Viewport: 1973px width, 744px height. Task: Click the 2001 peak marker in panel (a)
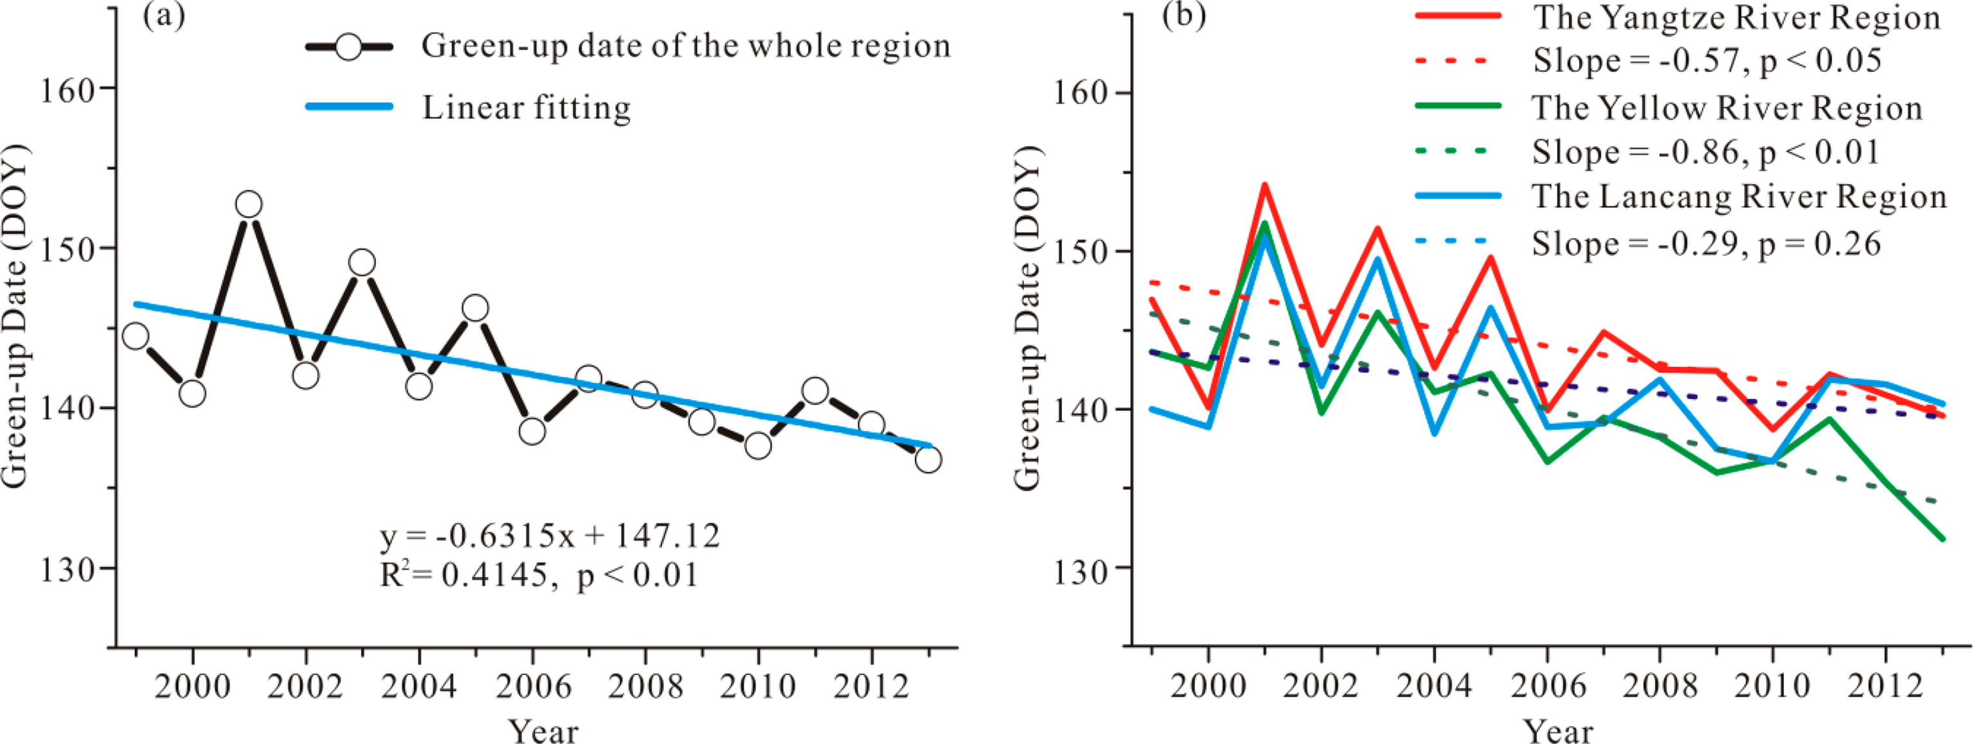pyautogui.click(x=248, y=204)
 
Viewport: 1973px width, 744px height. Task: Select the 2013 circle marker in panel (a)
pyautogui.click(x=928, y=460)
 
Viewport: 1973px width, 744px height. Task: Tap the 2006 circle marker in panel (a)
pyautogui.click(x=532, y=431)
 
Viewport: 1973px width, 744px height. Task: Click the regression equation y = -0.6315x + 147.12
pyautogui.click(x=550, y=536)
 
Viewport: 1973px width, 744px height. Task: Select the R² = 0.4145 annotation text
pyautogui.click(x=539, y=575)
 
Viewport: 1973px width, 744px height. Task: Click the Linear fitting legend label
pyautogui.click(x=527, y=107)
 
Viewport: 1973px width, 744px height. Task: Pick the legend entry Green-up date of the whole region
pyautogui.click(x=685, y=46)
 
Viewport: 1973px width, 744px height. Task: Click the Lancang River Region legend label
pyautogui.click(x=1738, y=197)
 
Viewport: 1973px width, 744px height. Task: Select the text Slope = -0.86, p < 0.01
pyautogui.click(x=1706, y=152)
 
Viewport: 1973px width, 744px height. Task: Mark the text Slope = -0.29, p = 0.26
pyautogui.click(x=1706, y=243)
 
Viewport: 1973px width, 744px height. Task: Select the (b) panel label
pyautogui.click(x=1184, y=15)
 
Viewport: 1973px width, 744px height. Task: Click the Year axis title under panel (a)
pyautogui.click(x=544, y=730)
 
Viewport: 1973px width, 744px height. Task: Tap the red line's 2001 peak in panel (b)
pyautogui.click(x=1265, y=185)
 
